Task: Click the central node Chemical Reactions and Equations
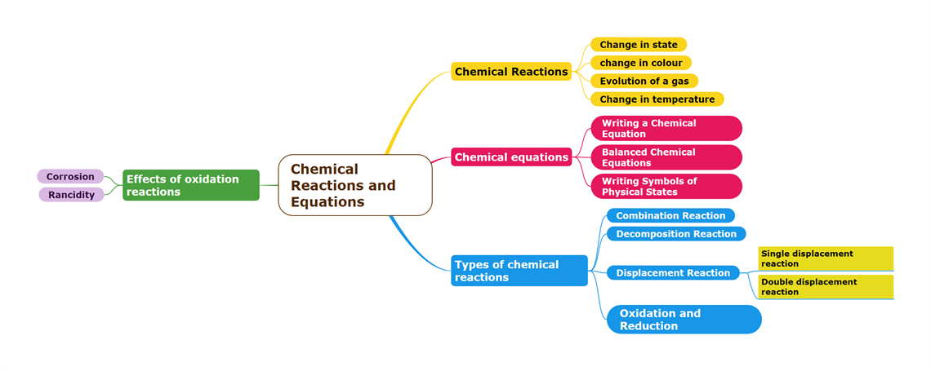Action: (x=354, y=185)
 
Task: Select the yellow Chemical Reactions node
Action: (x=511, y=72)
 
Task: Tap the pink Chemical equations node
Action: (x=511, y=157)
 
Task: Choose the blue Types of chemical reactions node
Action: (x=519, y=271)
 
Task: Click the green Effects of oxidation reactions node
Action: (x=191, y=185)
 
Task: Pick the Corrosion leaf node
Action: (x=70, y=176)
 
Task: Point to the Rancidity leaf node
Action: (x=71, y=195)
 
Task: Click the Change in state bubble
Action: (x=639, y=45)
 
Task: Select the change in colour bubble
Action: (x=641, y=63)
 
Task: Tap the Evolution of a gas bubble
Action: (x=644, y=81)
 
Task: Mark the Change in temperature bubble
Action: (x=657, y=99)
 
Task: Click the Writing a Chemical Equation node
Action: (x=666, y=129)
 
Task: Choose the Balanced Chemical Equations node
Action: (x=666, y=157)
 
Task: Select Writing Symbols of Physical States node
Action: (x=666, y=187)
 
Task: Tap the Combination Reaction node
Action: (x=670, y=216)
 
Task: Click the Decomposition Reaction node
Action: (x=676, y=234)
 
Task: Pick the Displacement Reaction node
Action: (x=673, y=273)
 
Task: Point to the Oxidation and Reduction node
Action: (x=684, y=320)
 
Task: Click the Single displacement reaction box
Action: (x=825, y=258)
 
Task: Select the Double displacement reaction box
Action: (x=825, y=287)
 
